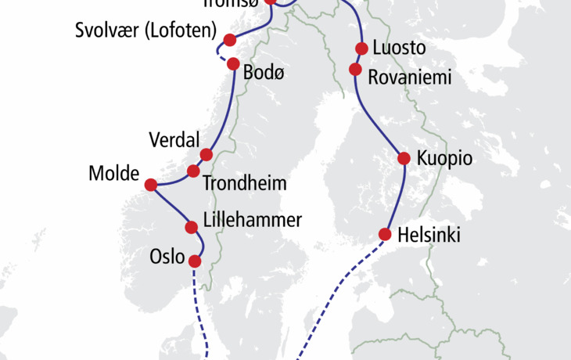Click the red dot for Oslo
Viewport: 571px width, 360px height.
click(196, 261)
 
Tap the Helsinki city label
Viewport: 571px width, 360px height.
click(429, 234)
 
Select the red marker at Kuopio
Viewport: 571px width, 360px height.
click(404, 158)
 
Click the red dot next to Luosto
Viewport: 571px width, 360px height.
click(361, 49)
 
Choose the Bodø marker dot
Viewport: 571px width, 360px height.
click(232, 65)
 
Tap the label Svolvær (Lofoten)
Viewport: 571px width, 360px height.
click(145, 32)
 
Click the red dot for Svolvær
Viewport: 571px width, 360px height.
click(230, 39)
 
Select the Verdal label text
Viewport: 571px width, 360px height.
click(173, 140)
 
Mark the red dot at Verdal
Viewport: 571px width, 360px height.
click(206, 154)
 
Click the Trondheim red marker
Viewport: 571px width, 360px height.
click(193, 171)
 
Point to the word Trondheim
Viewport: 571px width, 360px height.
click(244, 185)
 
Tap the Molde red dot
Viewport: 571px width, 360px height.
click(151, 185)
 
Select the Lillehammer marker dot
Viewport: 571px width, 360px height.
click(192, 228)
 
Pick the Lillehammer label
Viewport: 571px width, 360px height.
click(252, 220)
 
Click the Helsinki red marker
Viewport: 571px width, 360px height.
click(385, 233)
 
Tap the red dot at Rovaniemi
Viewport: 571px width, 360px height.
click(355, 70)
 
